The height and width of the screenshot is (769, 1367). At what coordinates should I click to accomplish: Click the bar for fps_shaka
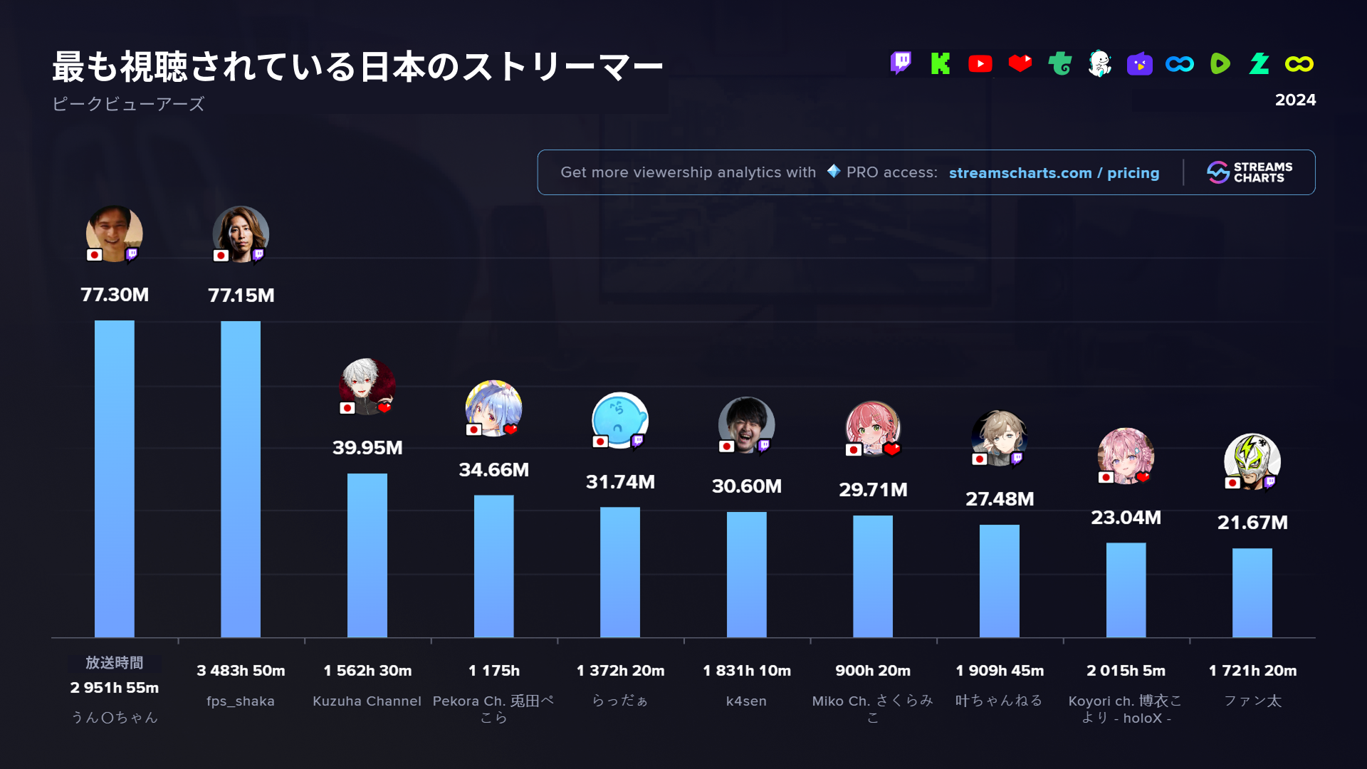click(x=241, y=478)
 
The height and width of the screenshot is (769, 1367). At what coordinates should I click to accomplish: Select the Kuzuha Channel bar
click(x=367, y=555)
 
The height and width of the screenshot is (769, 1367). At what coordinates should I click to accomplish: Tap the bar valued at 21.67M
click(x=1252, y=592)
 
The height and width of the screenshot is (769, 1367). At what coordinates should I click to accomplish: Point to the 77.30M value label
click(x=115, y=295)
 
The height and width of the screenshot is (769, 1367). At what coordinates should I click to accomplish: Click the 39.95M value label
click(x=367, y=448)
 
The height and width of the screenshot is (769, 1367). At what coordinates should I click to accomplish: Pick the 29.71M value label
click(x=873, y=490)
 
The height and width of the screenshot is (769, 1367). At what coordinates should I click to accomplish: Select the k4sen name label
click(x=746, y=701)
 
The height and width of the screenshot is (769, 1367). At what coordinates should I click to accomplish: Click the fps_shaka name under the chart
click(x=241, y=701)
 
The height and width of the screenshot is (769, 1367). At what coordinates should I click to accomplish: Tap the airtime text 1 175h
click(x=494, y=671)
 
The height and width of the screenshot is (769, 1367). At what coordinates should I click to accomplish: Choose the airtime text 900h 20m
click(x=873, y=671)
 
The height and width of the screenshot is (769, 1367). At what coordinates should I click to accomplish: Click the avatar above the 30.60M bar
click(x=746, y=425)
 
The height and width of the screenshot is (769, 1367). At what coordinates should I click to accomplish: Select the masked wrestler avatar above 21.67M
click(x=1252, y=461)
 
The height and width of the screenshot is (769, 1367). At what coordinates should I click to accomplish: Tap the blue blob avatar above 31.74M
click(x=620, y=420)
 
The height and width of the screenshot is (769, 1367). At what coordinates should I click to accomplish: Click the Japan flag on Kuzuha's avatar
click(x=347, y=408)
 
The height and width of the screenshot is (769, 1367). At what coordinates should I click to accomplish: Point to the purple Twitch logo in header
click(x=901, y=63)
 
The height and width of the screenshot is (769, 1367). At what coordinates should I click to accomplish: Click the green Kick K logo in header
click(x=941, y=63)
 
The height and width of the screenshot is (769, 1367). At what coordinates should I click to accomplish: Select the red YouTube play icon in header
click(x=980, y=64)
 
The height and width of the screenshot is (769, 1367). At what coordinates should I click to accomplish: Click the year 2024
click(x=1295, y=100)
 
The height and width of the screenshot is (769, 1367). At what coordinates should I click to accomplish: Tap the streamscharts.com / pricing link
click(x=1054, y=173)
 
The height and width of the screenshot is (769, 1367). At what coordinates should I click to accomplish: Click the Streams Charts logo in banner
click(x=1250, y=172)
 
